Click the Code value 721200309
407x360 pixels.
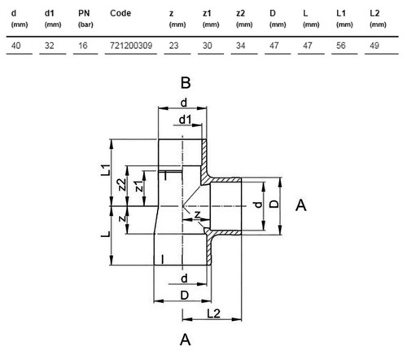(131, 46)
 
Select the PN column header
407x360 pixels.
(84, 13)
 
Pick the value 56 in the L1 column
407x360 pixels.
(341, 46)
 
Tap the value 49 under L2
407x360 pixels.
(374, 46)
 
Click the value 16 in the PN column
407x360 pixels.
(83, 46)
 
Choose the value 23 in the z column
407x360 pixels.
(174, 46)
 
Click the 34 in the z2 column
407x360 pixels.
(241, 46)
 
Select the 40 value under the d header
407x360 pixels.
(16, 46)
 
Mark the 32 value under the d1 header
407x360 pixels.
(50, 46)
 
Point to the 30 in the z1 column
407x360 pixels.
(208, 46)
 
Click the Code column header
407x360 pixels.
(120, 13)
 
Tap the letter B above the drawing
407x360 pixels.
(186, 83)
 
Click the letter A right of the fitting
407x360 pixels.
(301, 205)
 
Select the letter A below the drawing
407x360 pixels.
(186, 340)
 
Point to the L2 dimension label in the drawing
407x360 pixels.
(213, 314)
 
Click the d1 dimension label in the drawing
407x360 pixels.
(186, 119)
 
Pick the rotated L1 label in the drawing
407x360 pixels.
(106, 170)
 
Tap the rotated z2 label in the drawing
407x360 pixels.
(123, 185)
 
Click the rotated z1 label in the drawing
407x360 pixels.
(139, 186)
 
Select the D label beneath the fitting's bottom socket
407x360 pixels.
(185, 295)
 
